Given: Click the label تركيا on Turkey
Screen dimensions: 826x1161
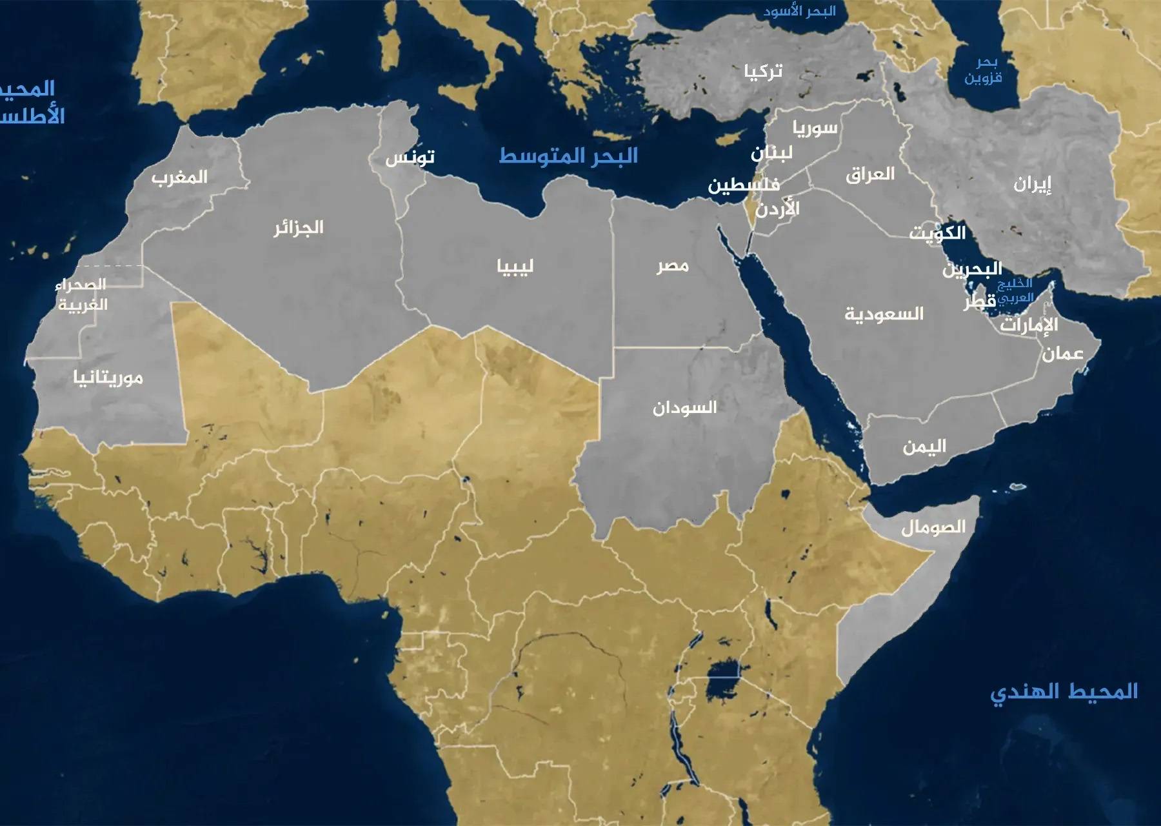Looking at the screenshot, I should [763, 70].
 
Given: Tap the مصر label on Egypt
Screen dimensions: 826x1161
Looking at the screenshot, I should [673, 265].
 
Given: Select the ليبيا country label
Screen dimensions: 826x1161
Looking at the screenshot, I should [515, 266].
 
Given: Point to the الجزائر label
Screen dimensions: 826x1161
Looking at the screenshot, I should [298, 227].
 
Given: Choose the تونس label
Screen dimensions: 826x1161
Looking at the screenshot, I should [410, 157].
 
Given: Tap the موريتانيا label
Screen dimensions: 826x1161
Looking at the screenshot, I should [108, 378].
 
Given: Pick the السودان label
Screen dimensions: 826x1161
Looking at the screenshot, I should [684, 407].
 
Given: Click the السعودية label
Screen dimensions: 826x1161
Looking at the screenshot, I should [884, 314].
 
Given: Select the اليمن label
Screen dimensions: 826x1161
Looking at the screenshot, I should [924, 446].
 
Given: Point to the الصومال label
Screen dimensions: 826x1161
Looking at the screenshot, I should [933, 527].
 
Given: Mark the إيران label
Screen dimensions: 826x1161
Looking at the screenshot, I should [1032, 184].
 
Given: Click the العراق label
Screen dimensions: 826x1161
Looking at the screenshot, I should [869, 174].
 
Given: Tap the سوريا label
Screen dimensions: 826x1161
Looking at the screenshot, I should [815, 128].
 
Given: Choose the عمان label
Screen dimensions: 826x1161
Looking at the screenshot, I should [1062, 353].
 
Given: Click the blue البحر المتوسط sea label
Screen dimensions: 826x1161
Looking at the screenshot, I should [568, 156].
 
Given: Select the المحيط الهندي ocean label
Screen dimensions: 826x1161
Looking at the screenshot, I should [1064, 692].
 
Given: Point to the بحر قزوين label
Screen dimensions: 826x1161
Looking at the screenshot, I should [983, 70].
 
